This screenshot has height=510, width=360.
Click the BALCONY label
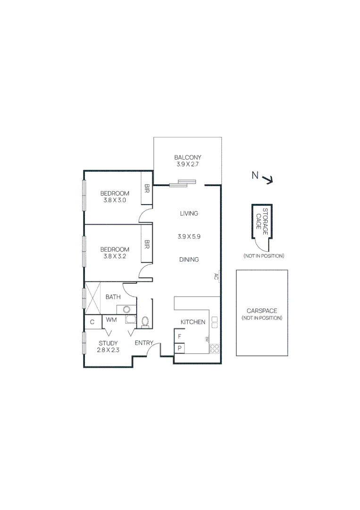pyautogui.click(x=188, y=158)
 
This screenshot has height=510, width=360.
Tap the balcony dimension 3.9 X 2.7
pyautogui.click(x=188, y=165)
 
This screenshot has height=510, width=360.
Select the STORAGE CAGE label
pyautogui.click(x=262, y=221)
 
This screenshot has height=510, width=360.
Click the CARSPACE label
pyautogui.click(x=262, y=311)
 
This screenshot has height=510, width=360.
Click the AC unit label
pyautogui.click(x=216, y=277)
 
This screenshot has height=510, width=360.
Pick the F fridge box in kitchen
pyautogui.click(x=179, y=337)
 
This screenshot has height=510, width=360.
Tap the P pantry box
pyautogui.click(x=179, y=348)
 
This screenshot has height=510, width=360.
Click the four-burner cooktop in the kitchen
pyautogui.click(x=214, y=348)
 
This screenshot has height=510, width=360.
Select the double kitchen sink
pyautogui.click(x=214, y=322)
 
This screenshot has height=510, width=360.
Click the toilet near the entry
pyautogui.click(x=145, y=322)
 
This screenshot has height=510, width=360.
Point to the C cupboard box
pyautogui.click(x=92, y=322)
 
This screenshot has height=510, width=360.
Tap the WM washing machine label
pyautogui.click(x=111, y=320)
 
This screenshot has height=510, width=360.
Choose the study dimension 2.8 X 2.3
pyautogui.click(x=108, y=350)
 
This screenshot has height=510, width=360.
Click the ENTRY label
pyautogui.click(x=144, y=343)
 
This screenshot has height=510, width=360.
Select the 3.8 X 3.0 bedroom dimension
pyautogui.click(x=115, y=200)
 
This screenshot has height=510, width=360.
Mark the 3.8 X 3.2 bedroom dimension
pyautogui.click(x=115, y=257)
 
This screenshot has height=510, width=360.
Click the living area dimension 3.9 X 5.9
pyautogui.click(x=189, y=237)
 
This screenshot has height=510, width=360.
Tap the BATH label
pyautogui.click(x=113, y=297)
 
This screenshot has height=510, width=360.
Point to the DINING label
pyautogui.click(x=189, y=259)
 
